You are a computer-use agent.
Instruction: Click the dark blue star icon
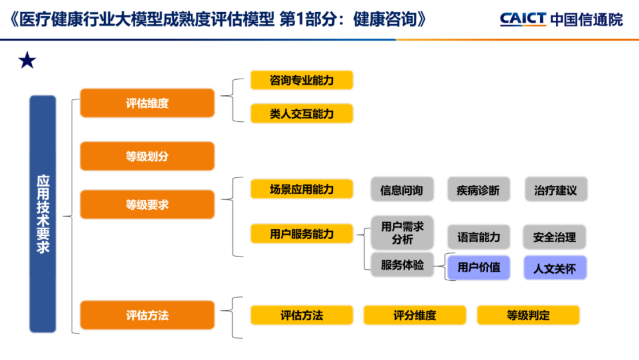coord(27,60)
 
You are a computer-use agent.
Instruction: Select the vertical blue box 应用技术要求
coord(43,214)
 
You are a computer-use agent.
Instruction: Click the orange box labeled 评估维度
coord(147,103)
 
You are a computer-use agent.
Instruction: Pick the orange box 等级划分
coord(147,156)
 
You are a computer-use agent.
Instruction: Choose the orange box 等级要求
coord(147,204)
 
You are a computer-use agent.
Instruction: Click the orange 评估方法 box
coord(147,315)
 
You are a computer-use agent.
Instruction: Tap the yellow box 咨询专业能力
coord(302,80)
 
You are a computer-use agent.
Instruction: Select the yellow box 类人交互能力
coord(302,113)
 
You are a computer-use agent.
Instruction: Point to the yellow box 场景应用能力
coord(302,189)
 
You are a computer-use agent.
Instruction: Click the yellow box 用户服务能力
coord(302,233)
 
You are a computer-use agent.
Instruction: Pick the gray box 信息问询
coord(402,189)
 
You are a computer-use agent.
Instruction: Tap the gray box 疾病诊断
coord(478,189)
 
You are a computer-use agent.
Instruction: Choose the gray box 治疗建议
coord(556,189)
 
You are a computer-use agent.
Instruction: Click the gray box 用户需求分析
coord(402,233)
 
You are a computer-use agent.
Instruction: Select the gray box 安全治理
coord(555,237)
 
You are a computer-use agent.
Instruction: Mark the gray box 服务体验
coord(402,265)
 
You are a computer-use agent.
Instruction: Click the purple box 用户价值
coord(478,268)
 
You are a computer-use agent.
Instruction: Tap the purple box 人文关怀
coord(555,268)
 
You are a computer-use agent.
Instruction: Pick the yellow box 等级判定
coord(528,315)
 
